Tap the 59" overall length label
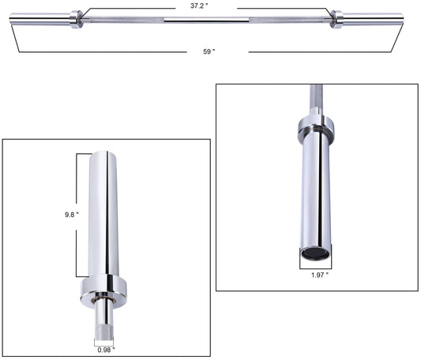[x=207, y=52]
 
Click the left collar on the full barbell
[x=76, y=18]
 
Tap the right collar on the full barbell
[x=336, y=18]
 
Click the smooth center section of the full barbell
[x=207, y=18]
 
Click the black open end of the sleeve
[x=315, y=253]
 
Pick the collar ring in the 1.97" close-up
[x=315, y=127]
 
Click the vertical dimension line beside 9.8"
[x=77, y=213]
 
